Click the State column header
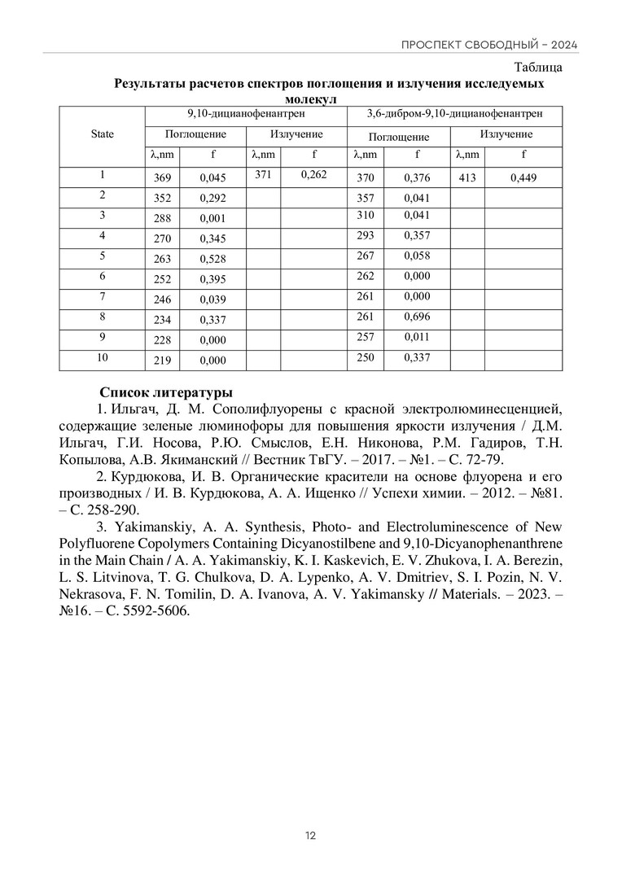point(103,134)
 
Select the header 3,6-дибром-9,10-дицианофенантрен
point(455,115)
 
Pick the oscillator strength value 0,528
point(212,259)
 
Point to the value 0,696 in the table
point(417,317)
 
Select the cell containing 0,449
point(523,177)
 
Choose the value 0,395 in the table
point(212,279)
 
